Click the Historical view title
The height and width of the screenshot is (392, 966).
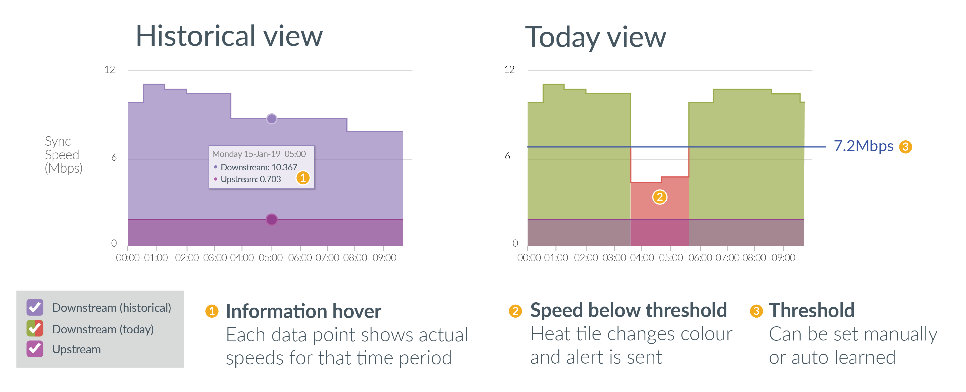coord(229,36)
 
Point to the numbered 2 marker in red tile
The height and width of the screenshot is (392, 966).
coord(660,197)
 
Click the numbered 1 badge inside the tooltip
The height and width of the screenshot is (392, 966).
coord(303,178)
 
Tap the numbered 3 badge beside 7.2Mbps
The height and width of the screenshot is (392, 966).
coord(905,146)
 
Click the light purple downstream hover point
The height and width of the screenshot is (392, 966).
coord(271,119)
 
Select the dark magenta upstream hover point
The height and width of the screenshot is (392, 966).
coord(271,219)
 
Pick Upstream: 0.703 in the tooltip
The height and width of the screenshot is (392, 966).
coord(250,179)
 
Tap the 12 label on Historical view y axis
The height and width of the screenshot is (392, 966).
coord(109,69)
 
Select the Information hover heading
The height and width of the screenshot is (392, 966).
coord(303,311)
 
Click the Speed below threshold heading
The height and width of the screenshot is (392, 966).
coord(628,310)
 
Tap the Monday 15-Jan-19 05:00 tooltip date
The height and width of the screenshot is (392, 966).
coord(259,154)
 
